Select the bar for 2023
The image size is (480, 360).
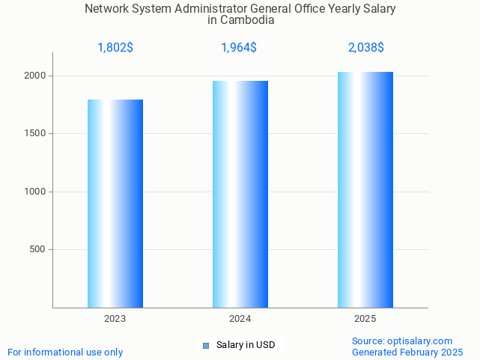click(115, 204)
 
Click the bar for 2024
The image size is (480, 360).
click(240, 194)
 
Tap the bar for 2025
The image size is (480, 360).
click(365, 189)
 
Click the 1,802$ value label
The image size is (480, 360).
click(115, 48)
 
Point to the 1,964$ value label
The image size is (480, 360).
click(239, 48)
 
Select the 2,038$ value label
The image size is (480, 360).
click(365, 48)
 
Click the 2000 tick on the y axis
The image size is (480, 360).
click(36, 76)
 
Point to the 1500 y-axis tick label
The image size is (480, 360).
click(36, 134)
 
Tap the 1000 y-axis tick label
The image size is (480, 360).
click(36, 192)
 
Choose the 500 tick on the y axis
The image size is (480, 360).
click(38, 249)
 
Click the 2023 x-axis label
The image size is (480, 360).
click(115, 319)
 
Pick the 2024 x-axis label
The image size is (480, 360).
click(240, 319)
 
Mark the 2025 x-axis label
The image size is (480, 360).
click(365, 319)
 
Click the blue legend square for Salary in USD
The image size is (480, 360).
click(207, 345)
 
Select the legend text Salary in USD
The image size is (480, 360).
click(246, 345)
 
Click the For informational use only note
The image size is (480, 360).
click(65, 352)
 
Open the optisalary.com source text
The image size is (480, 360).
click(402, 341)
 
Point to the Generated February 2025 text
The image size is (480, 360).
click(407, 352)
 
